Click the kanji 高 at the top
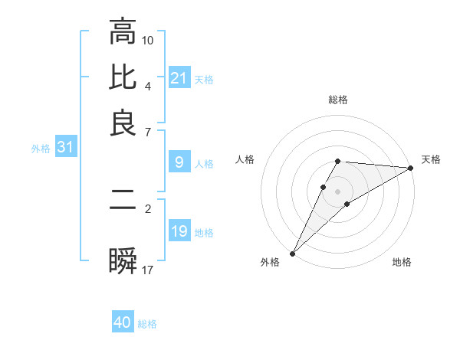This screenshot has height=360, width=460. pyautogui.click(x=123, y=31)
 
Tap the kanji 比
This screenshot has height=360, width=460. pyautogui.click(x=123, y=77)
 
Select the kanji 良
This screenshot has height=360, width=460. pyautogui.click(x=123, y=123)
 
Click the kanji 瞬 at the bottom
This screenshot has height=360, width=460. pyautogui.click(x=123, y=261)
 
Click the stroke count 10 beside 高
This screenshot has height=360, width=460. pyautogui.click(x=148, y=39)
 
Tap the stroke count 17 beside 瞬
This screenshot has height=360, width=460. pyautogui.click(x=148, y=269)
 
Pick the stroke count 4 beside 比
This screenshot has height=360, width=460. pyautogui.click(x=148, y=85)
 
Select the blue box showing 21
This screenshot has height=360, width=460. pyautogui.click(x=179, y=78)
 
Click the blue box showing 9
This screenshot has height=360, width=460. pyautogui.click(x=179, y=162)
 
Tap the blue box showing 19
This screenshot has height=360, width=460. pyautogui.click(x=179, y=231)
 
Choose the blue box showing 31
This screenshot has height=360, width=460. pyautogui.click(x=65, y=148)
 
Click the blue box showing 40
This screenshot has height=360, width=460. pyautogui.click(x=123, y=322)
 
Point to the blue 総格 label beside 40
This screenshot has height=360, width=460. pyautogui.click(x=147, y=324)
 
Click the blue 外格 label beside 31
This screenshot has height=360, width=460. pyautogui.click(x=41, y=149)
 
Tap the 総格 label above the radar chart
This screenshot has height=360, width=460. pyautogui.click(x=337, y=100)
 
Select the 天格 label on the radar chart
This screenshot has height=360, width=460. pyautogui.click(x=431, y=159)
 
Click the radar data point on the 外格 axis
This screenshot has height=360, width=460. pyautogui.click(x=292, y=254)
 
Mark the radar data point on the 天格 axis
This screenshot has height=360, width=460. pyautogui.click(x=411, y=169)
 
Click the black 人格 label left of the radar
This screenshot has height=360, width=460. pyautogui.click(x=245, y=159)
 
